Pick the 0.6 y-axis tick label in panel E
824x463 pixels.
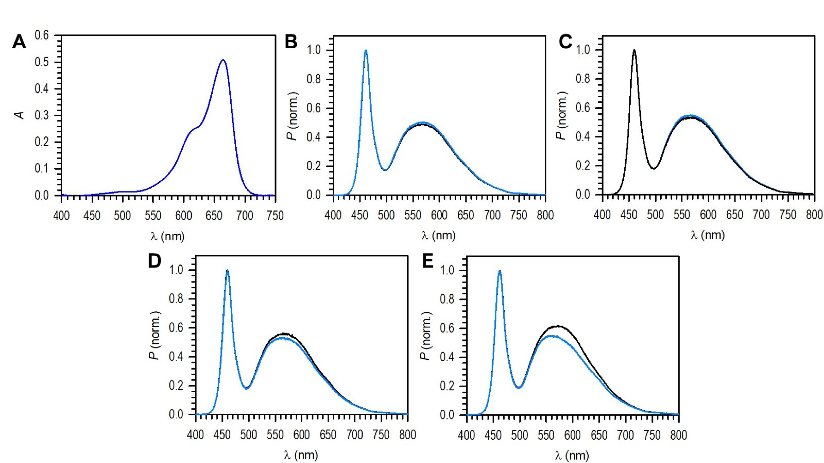tap(447, 329)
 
